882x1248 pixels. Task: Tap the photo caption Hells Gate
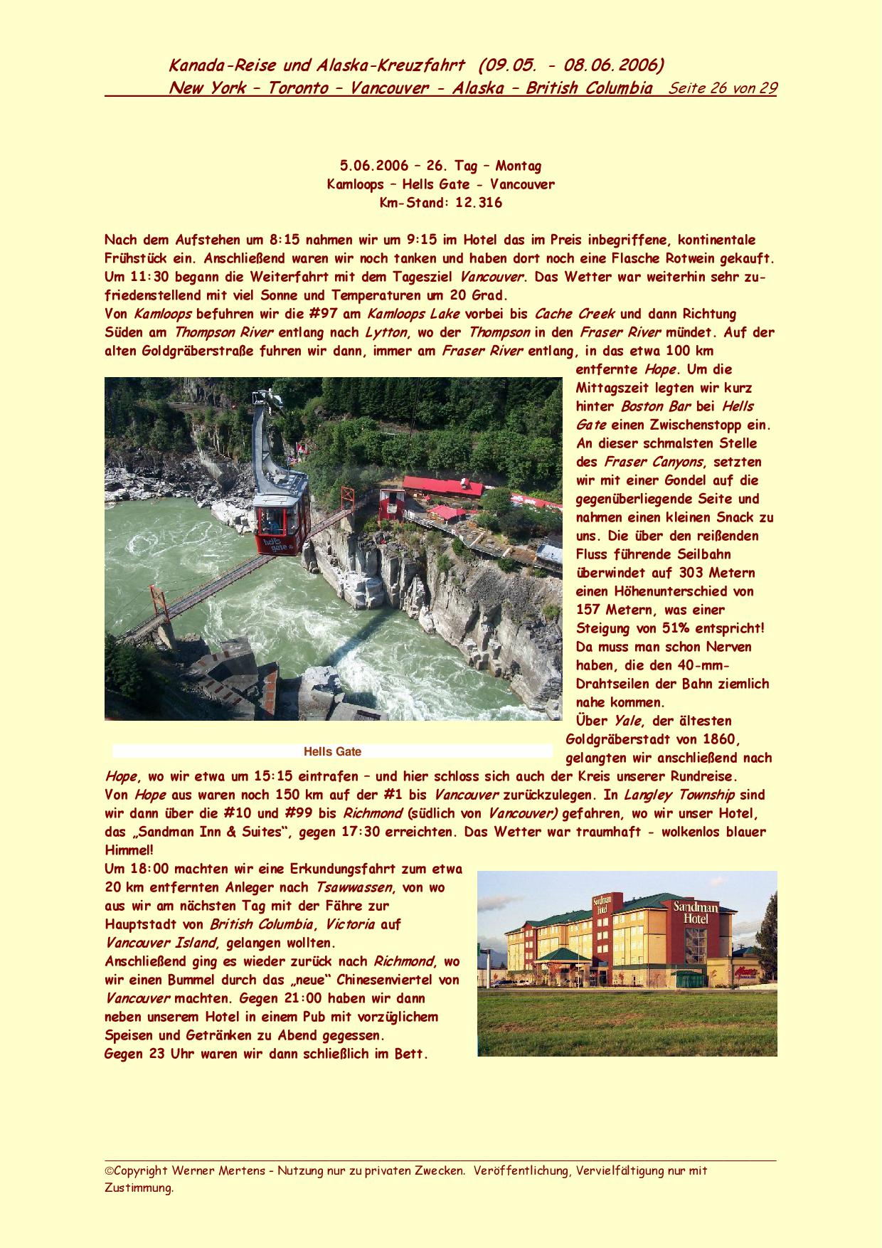pyautogui.click(x=332, y=751)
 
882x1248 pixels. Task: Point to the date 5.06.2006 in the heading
pyautogui.click(x=374, y=166)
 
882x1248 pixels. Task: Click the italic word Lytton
pyautogui.click(x=386, y=332)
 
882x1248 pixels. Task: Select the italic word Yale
pyautogui.click(x=628, y=721)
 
